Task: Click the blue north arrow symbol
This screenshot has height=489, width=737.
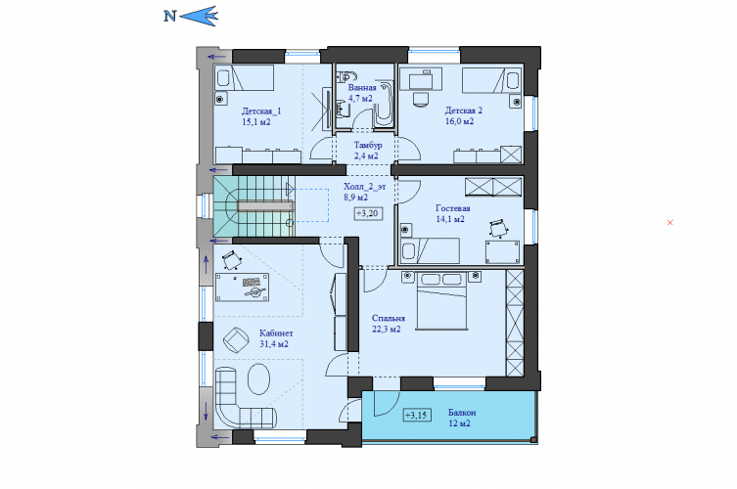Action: [199, 17]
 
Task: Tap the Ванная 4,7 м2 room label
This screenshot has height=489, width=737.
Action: [361, 93]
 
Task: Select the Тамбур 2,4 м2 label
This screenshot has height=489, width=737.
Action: [367, 151]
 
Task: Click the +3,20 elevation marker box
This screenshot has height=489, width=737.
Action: [368, 213]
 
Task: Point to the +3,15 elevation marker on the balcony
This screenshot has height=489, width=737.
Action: [417, 416]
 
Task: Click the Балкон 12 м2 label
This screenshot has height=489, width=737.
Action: [462, 418]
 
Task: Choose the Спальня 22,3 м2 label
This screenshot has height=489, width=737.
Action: [388, 323]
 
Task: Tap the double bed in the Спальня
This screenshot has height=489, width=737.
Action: [441, 300]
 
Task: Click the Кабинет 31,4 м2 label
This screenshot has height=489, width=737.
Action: [275, 338]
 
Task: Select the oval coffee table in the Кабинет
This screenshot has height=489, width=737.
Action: [258, 378]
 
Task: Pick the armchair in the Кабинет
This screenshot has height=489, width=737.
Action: [236, 338]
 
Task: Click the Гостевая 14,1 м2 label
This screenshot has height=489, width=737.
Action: [452, 213]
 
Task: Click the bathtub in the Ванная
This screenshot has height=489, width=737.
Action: [384, 104]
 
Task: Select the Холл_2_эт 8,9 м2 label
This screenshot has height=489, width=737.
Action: [364, 192]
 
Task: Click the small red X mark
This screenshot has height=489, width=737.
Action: [669, 222]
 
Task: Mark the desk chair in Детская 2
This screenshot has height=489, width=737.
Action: [421, 99]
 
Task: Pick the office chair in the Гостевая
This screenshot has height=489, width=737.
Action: [497, 229]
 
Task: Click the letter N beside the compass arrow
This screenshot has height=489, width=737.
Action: [169, 17]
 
